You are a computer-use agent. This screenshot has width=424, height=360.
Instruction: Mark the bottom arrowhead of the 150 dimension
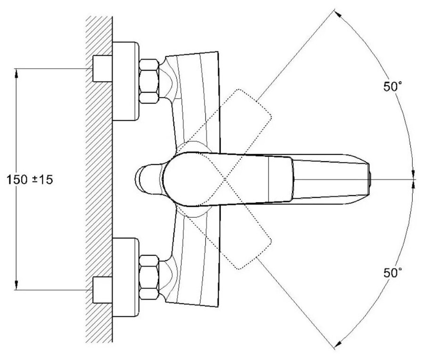[17, 286]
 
